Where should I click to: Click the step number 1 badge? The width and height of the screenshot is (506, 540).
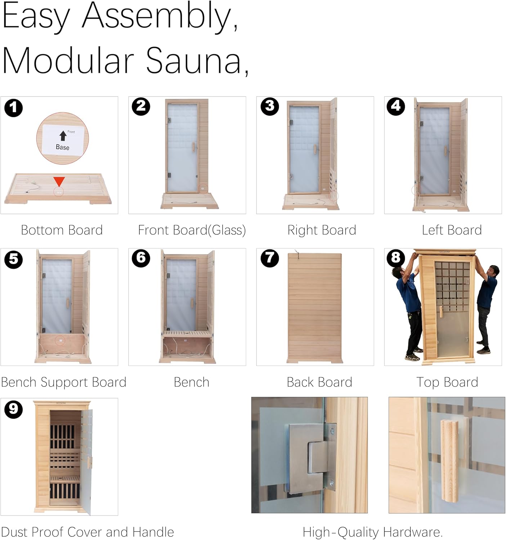click(x=13, y=108)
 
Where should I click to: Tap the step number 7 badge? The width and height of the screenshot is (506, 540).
click(x=270, y=258)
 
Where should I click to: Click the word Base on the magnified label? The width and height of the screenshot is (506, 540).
click(x=63, y=147)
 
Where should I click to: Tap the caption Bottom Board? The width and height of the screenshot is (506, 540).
click(x=62, y=230)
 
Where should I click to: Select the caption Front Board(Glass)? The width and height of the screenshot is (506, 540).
click(x=192, y=230)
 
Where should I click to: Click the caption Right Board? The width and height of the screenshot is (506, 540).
click(x=322, y=230)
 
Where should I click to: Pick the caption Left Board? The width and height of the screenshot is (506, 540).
click(x=452, y=230)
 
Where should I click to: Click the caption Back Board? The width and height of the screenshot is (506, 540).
click(x=319, y=382)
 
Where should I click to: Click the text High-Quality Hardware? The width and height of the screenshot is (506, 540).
click(x=373, y=532)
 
